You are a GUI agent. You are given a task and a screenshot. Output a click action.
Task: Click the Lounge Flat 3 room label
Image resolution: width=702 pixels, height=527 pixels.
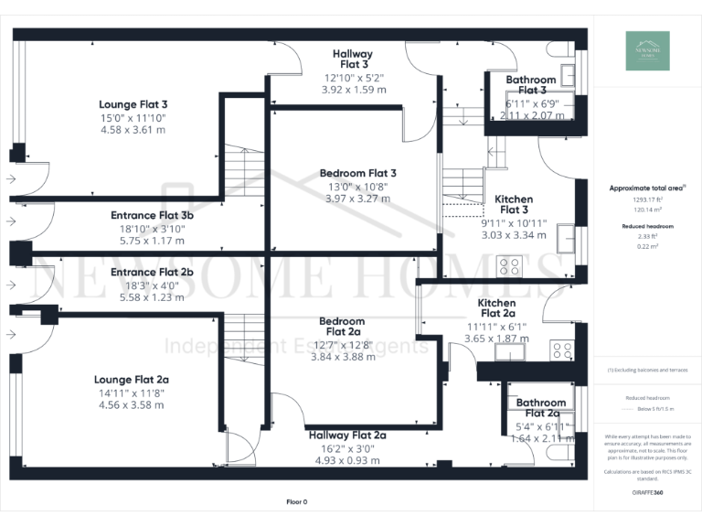click(x=133, y=104)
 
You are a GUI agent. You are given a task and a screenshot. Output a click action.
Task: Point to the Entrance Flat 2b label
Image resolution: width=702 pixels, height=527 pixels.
click(x=152, y=272)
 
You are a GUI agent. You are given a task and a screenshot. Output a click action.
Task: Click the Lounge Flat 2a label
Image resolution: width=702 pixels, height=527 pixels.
click(x=132, y=379)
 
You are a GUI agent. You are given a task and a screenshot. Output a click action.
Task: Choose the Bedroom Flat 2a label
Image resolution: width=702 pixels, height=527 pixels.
click(x=342, y=327)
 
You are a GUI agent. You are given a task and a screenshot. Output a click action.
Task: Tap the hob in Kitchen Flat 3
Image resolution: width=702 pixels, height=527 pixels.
click(x=509, y=266)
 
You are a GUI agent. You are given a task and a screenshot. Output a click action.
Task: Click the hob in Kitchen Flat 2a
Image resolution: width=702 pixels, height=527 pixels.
click(x=561, y=349)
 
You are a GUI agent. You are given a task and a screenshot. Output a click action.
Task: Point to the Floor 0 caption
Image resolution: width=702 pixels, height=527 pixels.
click(x=297, y=501)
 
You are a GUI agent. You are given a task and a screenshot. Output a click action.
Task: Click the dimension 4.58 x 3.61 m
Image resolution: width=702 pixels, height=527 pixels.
click(x=133, y=129)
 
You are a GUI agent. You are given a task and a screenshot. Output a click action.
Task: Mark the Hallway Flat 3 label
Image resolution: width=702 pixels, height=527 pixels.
click(x=351, y=59)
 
